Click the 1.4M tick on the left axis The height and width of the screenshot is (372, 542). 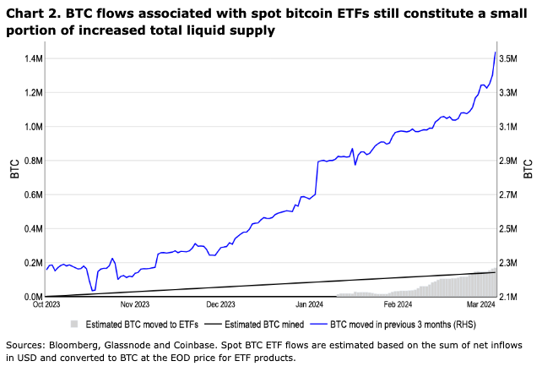coord(34,58)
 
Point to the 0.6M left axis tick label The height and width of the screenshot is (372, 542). coord(34,194)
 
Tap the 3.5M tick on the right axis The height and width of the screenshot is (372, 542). coord(508,58)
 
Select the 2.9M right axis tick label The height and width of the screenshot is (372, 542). coord(508,161)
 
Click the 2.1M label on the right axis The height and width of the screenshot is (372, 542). coord(508,297)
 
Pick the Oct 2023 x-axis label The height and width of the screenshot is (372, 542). coord(46,304)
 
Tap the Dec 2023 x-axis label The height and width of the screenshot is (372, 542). coord(220,304)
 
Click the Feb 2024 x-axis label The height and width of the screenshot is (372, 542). coord(398,304)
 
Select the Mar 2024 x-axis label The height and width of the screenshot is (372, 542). coord(481,304)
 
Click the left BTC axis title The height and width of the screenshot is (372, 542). coord(14,169)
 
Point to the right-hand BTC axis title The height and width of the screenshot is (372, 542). coord(528,169)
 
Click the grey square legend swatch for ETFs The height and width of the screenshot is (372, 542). coord(74,325)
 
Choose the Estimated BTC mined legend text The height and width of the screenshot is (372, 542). coord(264,325)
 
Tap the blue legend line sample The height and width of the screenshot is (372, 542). coord(318,325)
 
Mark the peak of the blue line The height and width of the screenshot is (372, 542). coord(495,52)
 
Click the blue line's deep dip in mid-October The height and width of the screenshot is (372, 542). coord(93,291)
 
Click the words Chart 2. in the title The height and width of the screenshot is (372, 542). coord(33,14)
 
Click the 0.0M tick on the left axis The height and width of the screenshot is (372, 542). coord(34,297)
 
